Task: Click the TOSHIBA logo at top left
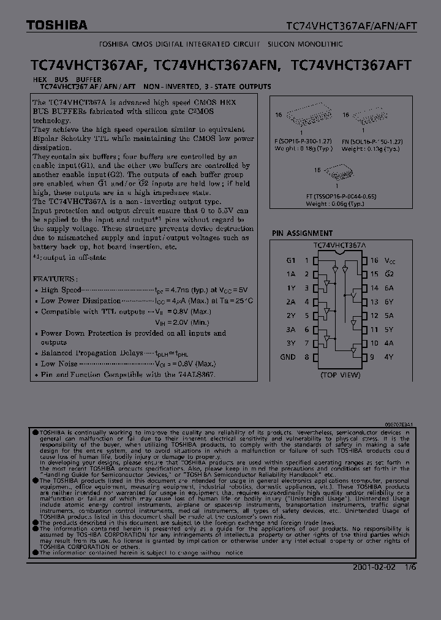click(x=56, y=25)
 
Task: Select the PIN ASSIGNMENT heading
click(x=303, y=233)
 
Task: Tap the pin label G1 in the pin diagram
click(x=291, y=260)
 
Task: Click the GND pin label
click(x=288, y=357)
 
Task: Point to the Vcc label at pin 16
click(x=390, y=260)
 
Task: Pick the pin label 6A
click(x=390, y=287)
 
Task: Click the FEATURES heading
click(x=55, y=278)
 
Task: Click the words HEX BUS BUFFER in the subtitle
click(x=64, y=80)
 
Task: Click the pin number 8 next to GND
click(x=306, y=357)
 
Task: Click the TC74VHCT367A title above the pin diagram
click(x=339, y=245)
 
